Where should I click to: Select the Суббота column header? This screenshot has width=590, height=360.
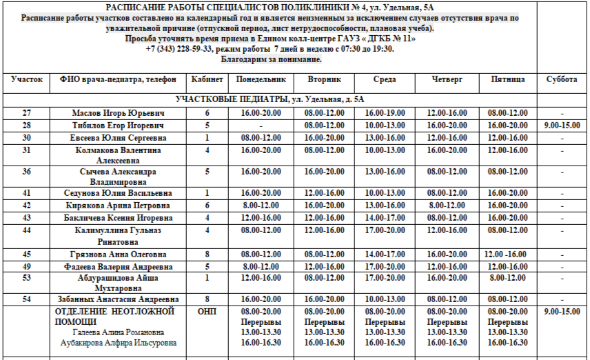click(561, 80)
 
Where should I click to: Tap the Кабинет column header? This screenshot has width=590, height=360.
click(207, 80)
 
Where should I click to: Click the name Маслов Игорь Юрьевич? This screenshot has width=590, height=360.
click(118, 113)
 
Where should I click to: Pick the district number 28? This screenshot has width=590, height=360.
click(26, 126)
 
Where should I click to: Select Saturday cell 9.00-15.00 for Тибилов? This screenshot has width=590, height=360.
click(561, 126)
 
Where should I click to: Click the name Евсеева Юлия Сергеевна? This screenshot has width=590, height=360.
click(118, 138)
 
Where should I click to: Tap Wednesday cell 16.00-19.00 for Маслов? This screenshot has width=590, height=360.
click(385, 113)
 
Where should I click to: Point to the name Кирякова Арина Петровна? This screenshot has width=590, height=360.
click(118, 206)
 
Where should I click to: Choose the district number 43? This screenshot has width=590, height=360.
click(26, 218)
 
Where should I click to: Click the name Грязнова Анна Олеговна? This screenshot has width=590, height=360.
click(118, 254)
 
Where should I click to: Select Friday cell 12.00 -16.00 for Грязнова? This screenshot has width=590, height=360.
click(508, 254)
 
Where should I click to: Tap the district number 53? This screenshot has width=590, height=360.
click(26, 278)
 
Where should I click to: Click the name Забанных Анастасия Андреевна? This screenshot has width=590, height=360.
click(118, 299)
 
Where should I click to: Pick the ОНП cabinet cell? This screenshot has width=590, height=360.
click(207, 312)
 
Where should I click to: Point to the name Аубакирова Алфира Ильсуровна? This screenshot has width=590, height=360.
click(118, 343)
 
